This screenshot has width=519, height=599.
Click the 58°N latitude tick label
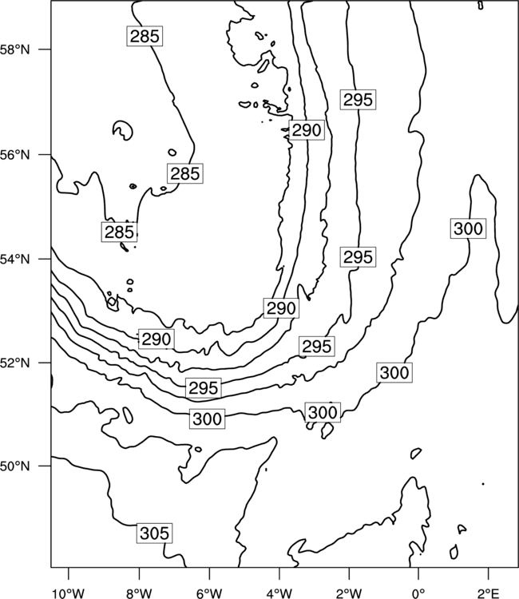pos(14,50)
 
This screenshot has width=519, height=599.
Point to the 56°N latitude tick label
pos(14,155)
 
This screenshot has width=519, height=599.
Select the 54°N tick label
pos(14,259)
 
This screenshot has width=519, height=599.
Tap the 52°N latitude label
pos(14,363)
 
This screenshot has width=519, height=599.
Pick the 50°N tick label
pos(14,466)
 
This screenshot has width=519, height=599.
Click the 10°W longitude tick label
pos(69,593)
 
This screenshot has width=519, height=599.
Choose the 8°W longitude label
pos(139,593)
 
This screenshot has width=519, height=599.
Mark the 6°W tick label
pos(209,593)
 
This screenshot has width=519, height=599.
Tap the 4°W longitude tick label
pos(279,593)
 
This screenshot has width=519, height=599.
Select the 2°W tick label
pos(349,593)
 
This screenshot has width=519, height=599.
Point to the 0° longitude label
pos(418,593)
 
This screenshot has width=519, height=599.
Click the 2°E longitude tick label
pos(489,593)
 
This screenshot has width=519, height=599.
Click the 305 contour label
pos(154,534)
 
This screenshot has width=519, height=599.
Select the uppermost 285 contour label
pos(145,36)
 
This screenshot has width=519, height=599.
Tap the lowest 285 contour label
pos(119,232)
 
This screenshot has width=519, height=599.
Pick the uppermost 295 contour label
pos(358,100)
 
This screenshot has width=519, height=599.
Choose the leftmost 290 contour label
pos(156,339)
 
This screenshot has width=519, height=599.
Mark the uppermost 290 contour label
pos(307,130)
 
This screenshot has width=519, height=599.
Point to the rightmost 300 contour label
pos(468,228)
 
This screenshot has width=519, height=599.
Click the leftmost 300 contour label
pos(208,419)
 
